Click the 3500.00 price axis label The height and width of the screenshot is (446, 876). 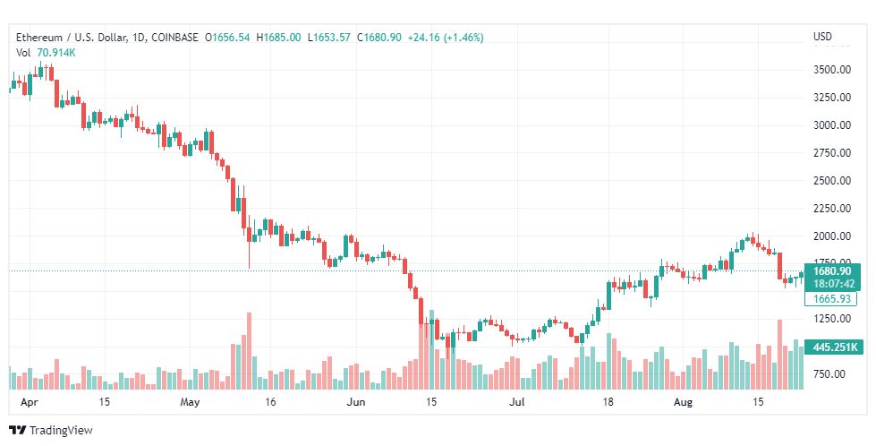[832, 70]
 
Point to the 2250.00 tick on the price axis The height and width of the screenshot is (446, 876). [832, 209]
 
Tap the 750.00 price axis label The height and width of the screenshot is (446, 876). [829, 374]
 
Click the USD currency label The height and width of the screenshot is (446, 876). [822, 37]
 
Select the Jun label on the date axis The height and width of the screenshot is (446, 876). [355, 402]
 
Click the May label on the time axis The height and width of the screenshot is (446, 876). [191, 402]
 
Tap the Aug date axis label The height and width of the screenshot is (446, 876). [683, 402]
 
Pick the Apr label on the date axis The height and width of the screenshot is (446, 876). [29, 402]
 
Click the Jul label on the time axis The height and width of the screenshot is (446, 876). [517, 402]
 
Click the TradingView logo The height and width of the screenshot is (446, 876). [50, 431]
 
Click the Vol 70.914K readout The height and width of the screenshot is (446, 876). [46, 53]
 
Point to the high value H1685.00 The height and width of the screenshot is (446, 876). [278, 38]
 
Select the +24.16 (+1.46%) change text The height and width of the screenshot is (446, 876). [446, 38]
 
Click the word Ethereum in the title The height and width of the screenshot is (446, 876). [39, 38]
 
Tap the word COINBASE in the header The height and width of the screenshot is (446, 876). [174, 38]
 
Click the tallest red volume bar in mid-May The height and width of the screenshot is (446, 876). [249, 351]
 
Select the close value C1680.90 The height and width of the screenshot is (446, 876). [378, 38]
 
